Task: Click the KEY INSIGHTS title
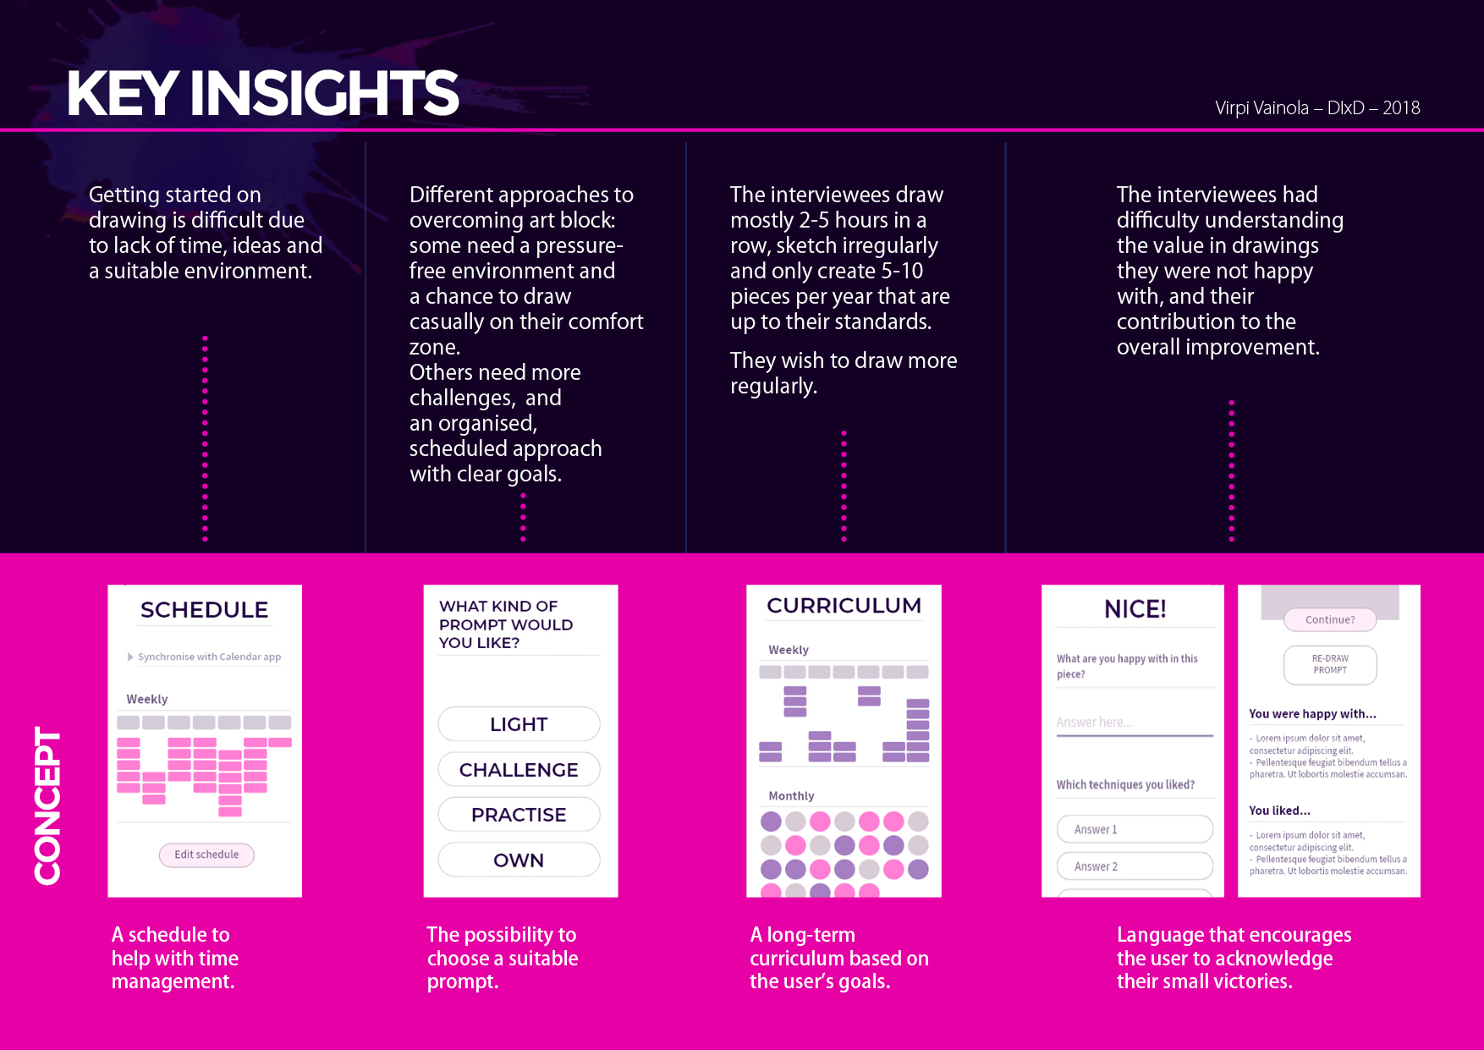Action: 262,93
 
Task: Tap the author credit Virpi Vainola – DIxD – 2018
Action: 1316,108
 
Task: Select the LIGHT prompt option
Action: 519,724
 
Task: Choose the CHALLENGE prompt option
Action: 519,770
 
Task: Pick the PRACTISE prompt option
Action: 519,815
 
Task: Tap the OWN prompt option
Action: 519,860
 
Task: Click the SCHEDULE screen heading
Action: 204,610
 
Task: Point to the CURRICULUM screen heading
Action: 844,606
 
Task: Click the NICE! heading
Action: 1135,609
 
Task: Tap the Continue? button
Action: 1329,620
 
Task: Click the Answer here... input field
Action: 1134,723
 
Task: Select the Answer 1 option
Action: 1134,829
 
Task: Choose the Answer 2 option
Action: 1134,866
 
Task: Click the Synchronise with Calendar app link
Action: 208,657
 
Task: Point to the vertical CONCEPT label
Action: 47,805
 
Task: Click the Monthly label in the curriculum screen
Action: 791,796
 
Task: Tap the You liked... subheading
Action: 1279,811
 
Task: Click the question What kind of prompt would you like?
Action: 505,624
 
